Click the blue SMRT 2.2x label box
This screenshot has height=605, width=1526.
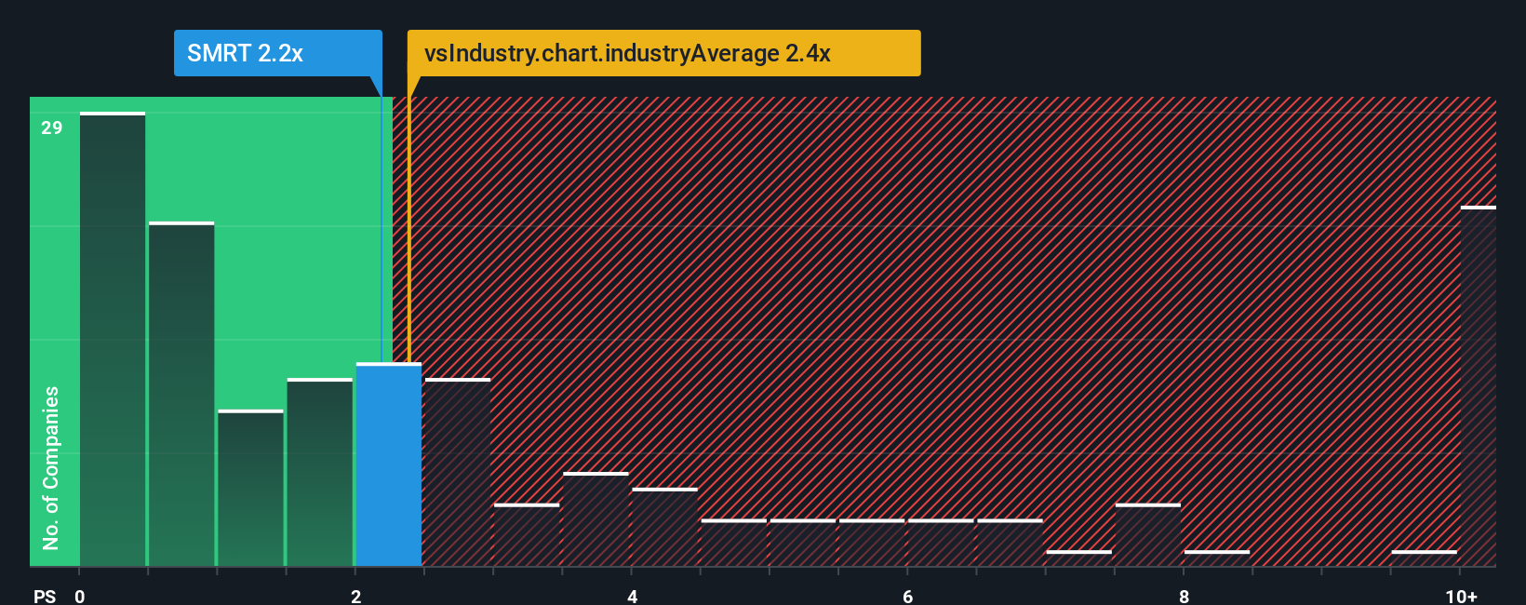277,53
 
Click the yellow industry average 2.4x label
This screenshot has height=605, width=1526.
663,53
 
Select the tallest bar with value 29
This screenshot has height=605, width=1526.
113,340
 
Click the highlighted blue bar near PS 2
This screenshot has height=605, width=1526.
389,465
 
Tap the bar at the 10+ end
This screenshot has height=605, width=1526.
1478,386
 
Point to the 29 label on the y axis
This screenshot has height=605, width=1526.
52,128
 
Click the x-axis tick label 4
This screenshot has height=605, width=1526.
632,596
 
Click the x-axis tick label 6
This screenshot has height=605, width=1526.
907,596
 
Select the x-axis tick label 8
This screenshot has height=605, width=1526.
1184,596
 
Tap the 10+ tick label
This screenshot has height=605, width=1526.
1461,596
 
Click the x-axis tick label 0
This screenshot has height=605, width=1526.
80,596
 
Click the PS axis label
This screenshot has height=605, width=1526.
45,596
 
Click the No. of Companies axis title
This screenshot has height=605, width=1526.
51,467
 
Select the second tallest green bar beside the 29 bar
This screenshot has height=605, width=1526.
181,396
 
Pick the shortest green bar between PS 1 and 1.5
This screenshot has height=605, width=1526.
250,489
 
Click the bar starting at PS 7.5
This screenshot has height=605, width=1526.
1148,535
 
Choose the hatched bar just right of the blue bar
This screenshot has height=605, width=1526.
458,473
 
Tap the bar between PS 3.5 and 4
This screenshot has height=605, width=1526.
596,519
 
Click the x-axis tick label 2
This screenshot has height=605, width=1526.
355,596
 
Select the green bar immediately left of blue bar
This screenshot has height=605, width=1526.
320,473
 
